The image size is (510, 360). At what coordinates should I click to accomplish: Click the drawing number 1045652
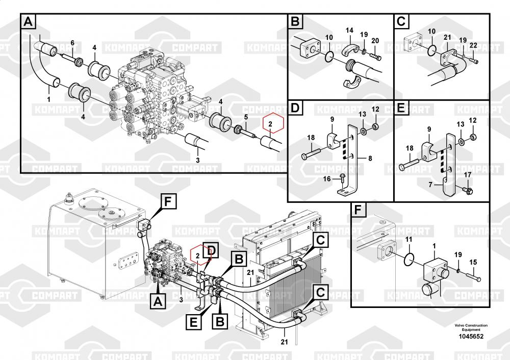tap(471, 337)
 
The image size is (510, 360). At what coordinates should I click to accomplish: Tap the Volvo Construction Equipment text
tap(471, 327)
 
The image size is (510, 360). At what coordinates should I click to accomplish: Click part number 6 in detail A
tap(72, 43)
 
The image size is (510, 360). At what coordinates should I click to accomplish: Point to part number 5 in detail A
tap(246, 117)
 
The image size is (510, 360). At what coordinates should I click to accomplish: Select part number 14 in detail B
tap(349, 30)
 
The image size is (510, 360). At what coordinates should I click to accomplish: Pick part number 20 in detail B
tap(375, 41)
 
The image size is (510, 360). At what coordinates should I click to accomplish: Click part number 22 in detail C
tap(473, 45)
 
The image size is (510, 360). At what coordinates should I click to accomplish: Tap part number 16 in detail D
tap(326, 179)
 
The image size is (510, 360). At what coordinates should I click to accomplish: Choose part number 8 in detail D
tap(370, 159)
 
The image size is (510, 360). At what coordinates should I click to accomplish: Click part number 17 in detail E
tap(467, 175)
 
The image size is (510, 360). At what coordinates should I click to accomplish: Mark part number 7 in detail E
tap(430, 185)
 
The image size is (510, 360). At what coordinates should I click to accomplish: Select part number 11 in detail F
tap(409, 239)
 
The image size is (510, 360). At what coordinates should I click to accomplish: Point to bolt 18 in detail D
tap(312, 153)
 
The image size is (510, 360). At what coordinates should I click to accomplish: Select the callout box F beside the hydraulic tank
tap(167, 201)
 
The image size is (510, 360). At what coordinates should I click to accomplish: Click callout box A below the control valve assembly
tap(158, 301)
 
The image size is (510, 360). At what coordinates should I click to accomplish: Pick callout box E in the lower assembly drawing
tap(193, 323)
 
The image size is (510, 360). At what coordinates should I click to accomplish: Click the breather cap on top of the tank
tap(68, 198)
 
